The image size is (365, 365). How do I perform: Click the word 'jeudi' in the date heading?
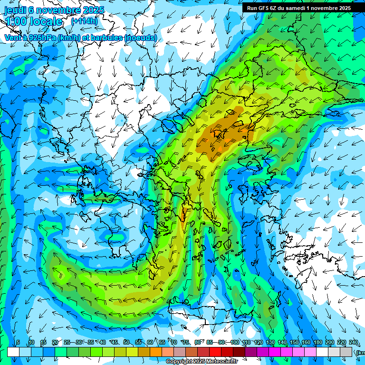pos(15,10)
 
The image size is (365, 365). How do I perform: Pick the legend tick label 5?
pos(18,343)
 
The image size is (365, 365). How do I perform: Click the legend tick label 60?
pos(150,343)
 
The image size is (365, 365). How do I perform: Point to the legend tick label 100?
pos(234,343)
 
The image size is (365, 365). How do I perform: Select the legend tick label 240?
pos(353,343)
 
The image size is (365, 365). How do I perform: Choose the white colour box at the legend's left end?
pos(13,352)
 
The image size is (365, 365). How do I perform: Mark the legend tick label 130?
pos(270,343)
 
